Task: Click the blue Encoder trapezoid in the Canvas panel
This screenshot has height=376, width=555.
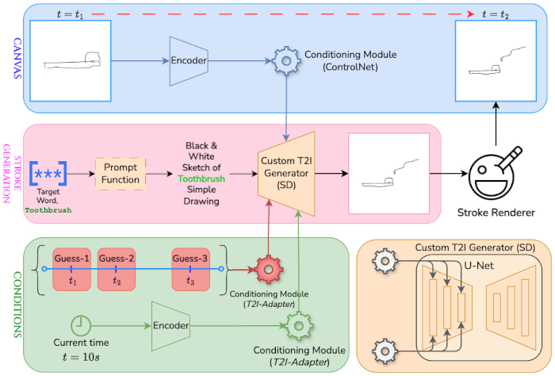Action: coord(189,60)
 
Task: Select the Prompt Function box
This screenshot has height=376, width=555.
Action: coord(121,172)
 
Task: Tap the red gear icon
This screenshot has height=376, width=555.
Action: coord(268,270)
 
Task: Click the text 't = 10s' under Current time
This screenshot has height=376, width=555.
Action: coord(81,356)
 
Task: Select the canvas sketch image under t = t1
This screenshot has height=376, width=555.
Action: coord(71,61)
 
